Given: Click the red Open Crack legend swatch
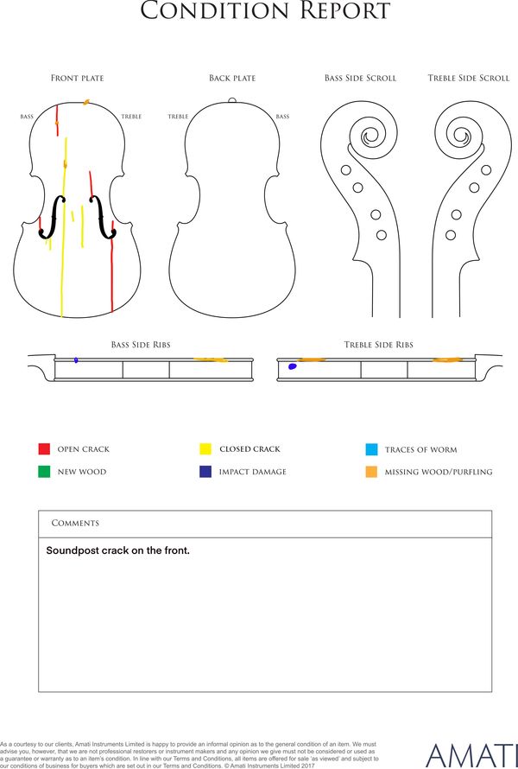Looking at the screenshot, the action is pos(44,448).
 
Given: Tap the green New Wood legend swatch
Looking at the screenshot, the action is pos(44,471).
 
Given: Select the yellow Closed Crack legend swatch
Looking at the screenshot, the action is pos(205,448).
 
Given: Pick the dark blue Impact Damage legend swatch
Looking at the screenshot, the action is pos(205,471).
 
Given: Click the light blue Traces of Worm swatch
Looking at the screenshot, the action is pos(371,449).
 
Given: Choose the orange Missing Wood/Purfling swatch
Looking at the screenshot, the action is pos(371,472).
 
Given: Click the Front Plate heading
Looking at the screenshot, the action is pos(78,78).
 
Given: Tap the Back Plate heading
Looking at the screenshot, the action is pos(232,78).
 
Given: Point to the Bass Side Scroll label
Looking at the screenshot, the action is pos(360,78).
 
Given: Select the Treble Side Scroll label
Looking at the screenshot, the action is pos(469,78).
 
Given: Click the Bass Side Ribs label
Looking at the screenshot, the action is pos(141,345).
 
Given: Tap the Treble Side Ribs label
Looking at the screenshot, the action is pos(378,345).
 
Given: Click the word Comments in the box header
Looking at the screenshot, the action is pos(75,524).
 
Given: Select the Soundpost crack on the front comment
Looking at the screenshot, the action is pos(117,550).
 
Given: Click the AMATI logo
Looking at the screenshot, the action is pos(471,756).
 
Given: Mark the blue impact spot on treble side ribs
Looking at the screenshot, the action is pos(292,365).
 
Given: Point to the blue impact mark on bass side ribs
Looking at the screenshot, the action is pos(76,360).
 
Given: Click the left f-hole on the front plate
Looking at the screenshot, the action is pos(53,217).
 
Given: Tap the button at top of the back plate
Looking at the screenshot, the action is pos(232,100).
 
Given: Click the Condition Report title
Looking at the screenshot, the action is pos(265,10).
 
